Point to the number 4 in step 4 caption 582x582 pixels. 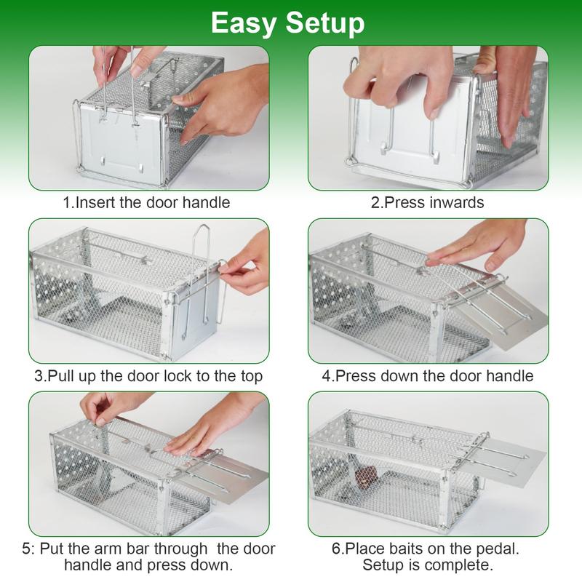(x=328, y=376)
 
